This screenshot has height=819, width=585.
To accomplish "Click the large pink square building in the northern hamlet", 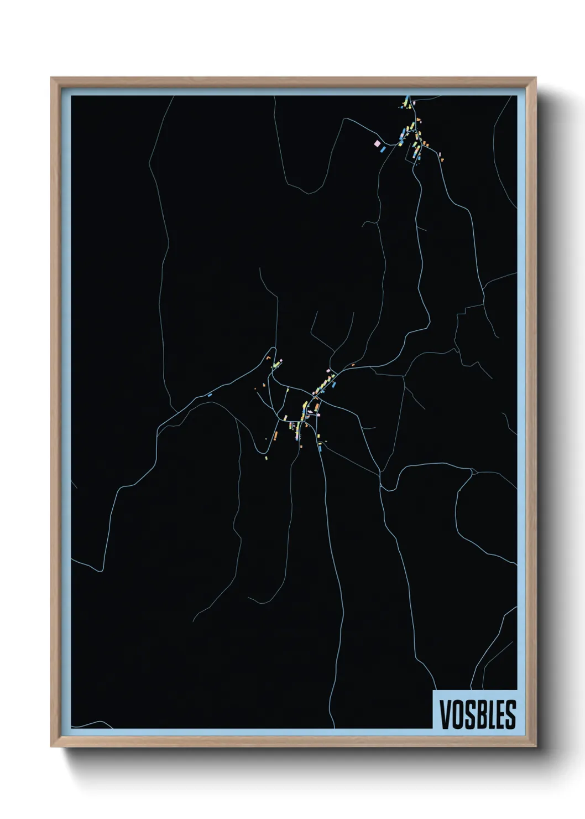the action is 377,143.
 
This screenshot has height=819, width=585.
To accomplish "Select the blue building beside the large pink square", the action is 383,149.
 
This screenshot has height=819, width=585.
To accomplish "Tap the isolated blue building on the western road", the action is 210,395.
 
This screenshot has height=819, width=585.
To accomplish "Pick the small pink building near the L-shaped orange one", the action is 279,361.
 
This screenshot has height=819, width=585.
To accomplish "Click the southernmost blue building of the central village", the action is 320,448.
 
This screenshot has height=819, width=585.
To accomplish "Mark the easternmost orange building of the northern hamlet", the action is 442,159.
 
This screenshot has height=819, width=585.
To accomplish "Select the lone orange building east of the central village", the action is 352,365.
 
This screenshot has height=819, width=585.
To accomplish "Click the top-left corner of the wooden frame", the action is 51,78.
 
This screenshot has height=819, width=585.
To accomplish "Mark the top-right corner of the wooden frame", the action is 536,78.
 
